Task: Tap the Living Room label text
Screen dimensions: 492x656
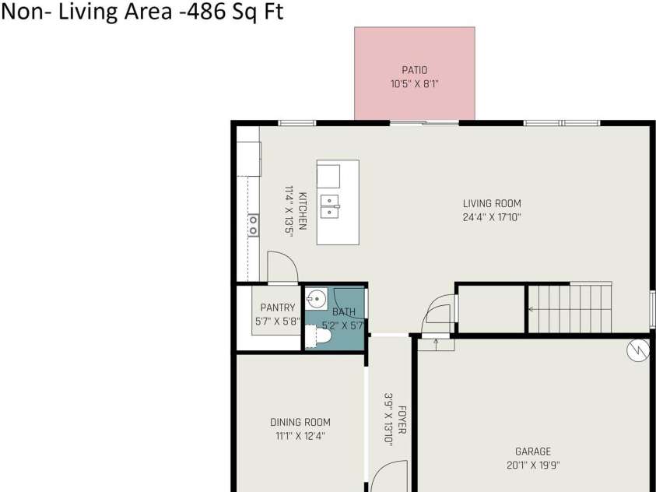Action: (492, 204)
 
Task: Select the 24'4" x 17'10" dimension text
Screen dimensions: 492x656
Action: (492, 218)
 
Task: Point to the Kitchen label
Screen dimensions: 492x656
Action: (302, 210)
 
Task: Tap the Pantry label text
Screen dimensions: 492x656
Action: (278, 307)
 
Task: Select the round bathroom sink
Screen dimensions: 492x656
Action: (315, 297)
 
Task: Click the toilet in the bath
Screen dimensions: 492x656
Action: (319, 337)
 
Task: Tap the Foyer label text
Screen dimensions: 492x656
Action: (402, 420)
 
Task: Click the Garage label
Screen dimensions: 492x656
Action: (533, 452)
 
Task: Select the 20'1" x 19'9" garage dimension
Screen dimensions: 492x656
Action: (533, 466)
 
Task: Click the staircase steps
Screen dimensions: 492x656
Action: (570, 309)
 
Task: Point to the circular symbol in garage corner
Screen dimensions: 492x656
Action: (637, 352)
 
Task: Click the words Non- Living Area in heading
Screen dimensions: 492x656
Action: (78, 13)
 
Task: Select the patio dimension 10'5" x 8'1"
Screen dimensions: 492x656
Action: (414, 83)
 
